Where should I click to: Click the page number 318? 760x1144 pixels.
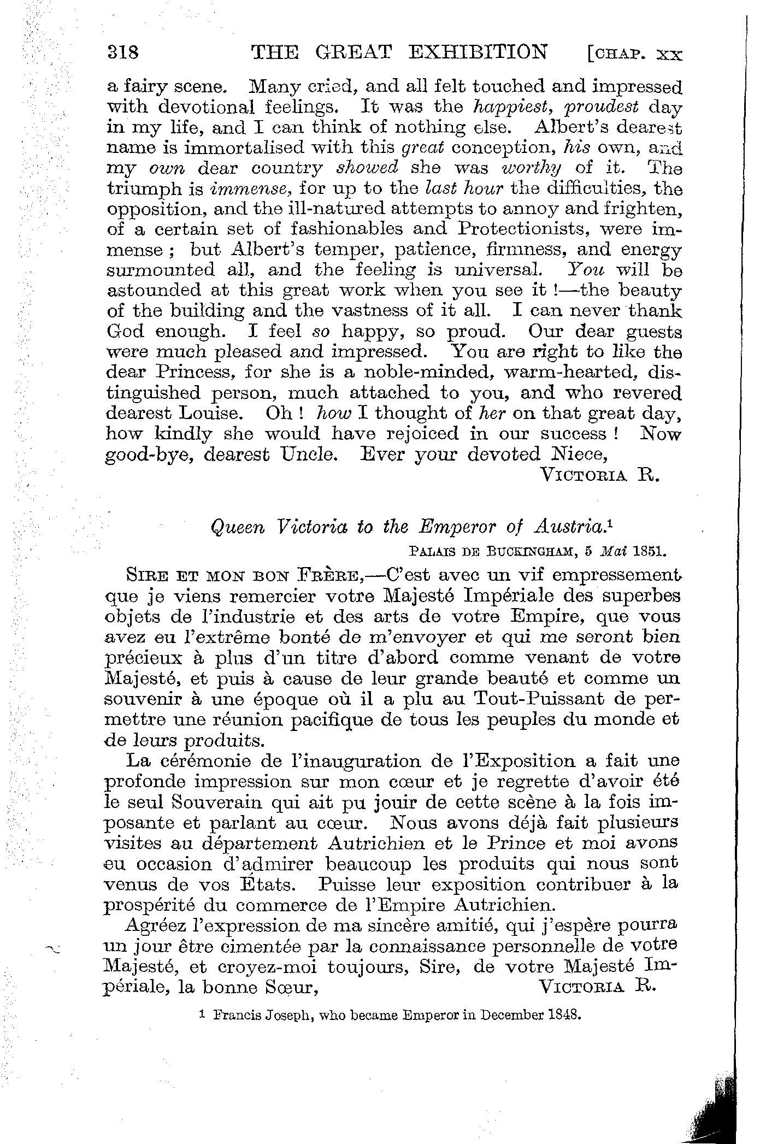click(x=124, y=53)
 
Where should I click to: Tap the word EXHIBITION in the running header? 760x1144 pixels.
click(x=478, y=52)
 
